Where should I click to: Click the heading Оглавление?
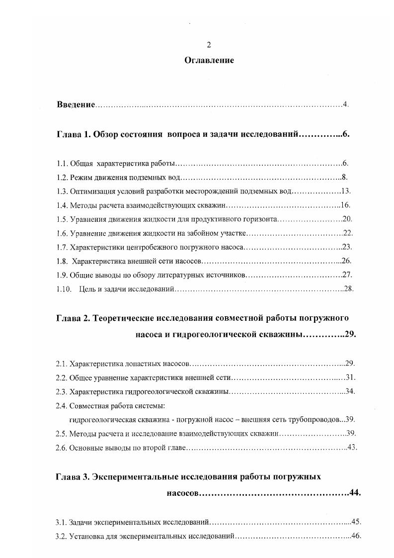209,61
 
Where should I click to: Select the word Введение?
75,104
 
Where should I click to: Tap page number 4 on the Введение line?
345,104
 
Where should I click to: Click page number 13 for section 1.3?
347,191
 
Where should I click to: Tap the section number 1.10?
63,289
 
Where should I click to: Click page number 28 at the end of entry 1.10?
348,289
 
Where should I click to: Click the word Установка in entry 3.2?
86,536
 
